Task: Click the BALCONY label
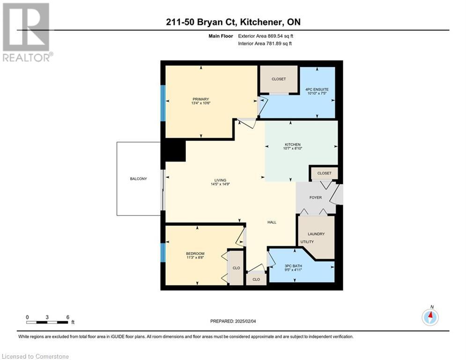[x=139, y=179]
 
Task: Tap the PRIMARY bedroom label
[x=201, y=99]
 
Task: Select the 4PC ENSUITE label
[x=317, y=89]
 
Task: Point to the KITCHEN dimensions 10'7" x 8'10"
[x=293, y=148]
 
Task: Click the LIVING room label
[x=220, y=180]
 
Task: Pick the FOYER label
[x=316, y=197]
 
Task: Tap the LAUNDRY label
[x=316, y=234]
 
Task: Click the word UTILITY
[x=307, y=242]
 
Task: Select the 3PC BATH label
[x=293, y=266]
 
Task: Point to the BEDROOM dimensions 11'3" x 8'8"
[x=195, y=257]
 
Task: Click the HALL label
[x=272, y=222]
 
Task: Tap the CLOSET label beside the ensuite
[x=279, y=79]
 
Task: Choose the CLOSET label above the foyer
[x=324, y=173]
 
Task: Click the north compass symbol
[x=430, y=317]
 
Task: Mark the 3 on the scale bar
[x=47, y=317]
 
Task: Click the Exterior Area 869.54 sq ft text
[x=266, y=36]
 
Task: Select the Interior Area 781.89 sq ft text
[x=265, y=44]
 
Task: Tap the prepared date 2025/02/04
[x=245, y=321]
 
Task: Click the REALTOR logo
[x=27, y=32]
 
